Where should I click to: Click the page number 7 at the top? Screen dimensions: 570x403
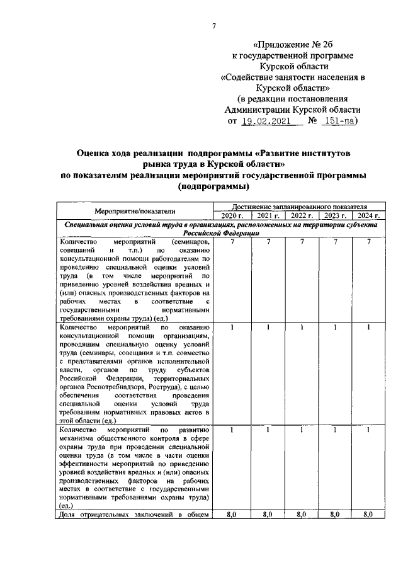coord(214,25)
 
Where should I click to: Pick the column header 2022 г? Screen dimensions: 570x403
coord(301,216)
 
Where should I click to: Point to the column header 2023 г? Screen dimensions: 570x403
coord(335,216)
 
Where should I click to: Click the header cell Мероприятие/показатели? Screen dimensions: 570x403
coord(135,211)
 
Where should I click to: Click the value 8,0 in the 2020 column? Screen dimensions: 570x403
coord(231,515)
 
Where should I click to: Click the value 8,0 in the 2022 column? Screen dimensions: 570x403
coord(301,515)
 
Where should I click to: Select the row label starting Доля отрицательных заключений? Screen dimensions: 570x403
coord(133,515)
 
